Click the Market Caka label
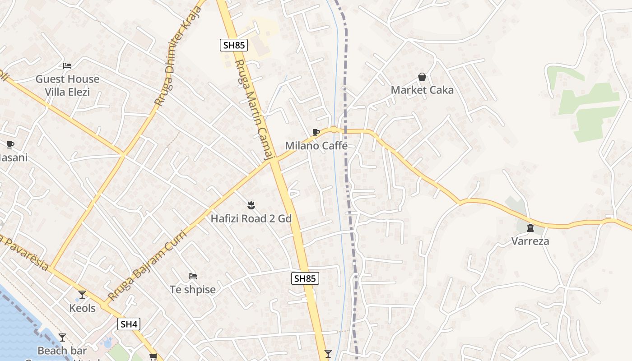(x=422, y=90)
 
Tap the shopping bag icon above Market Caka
(x=422, y=77)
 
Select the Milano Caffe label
(x=316, y=146)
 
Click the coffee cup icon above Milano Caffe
(x=316, y=132)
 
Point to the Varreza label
(x=530, y=241)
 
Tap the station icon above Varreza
(x=530, y=227)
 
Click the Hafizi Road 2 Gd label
(x=251, y=219)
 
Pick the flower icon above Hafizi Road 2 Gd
(x=251, y=206)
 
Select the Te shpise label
(x=193, y=289)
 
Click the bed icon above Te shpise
(x=193, y=276)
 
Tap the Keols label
(x=82, y=308)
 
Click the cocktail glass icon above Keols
(x=82, y=295)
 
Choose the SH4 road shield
(x=129, y=324)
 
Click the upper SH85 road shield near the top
(x=234, y=45)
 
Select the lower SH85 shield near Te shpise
(x=305, y=278)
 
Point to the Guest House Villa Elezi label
(x=67, y=85)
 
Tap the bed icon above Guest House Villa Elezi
(x=67, y=66)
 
